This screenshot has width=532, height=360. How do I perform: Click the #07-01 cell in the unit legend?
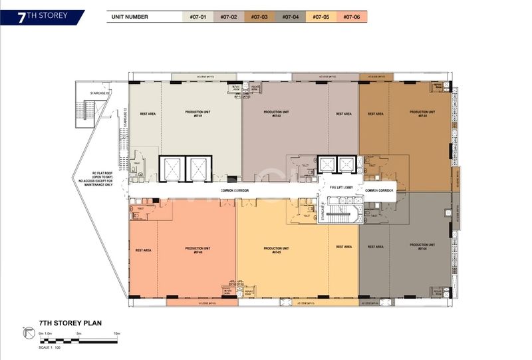pos(198,17)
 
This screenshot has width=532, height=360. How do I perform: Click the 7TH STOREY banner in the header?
pos(41,16)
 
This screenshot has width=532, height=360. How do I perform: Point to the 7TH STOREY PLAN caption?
pos(70,321)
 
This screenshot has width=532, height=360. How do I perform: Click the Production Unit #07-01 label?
pos(198,114)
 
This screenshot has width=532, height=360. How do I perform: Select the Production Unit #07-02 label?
pos(276,114)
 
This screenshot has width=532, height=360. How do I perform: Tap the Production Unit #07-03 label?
pos(422,114)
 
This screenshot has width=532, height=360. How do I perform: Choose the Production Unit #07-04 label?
pos(422,246)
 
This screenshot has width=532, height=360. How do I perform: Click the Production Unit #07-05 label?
pos(276,250)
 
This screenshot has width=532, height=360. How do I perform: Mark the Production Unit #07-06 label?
pos(198,250)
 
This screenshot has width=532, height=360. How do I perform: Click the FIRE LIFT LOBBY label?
pos(342,188)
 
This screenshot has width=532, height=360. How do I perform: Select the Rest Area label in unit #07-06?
pos(144,250)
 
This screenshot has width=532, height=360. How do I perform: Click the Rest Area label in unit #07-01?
pos(148,114)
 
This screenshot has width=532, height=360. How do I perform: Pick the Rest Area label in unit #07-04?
pos(375,247)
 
